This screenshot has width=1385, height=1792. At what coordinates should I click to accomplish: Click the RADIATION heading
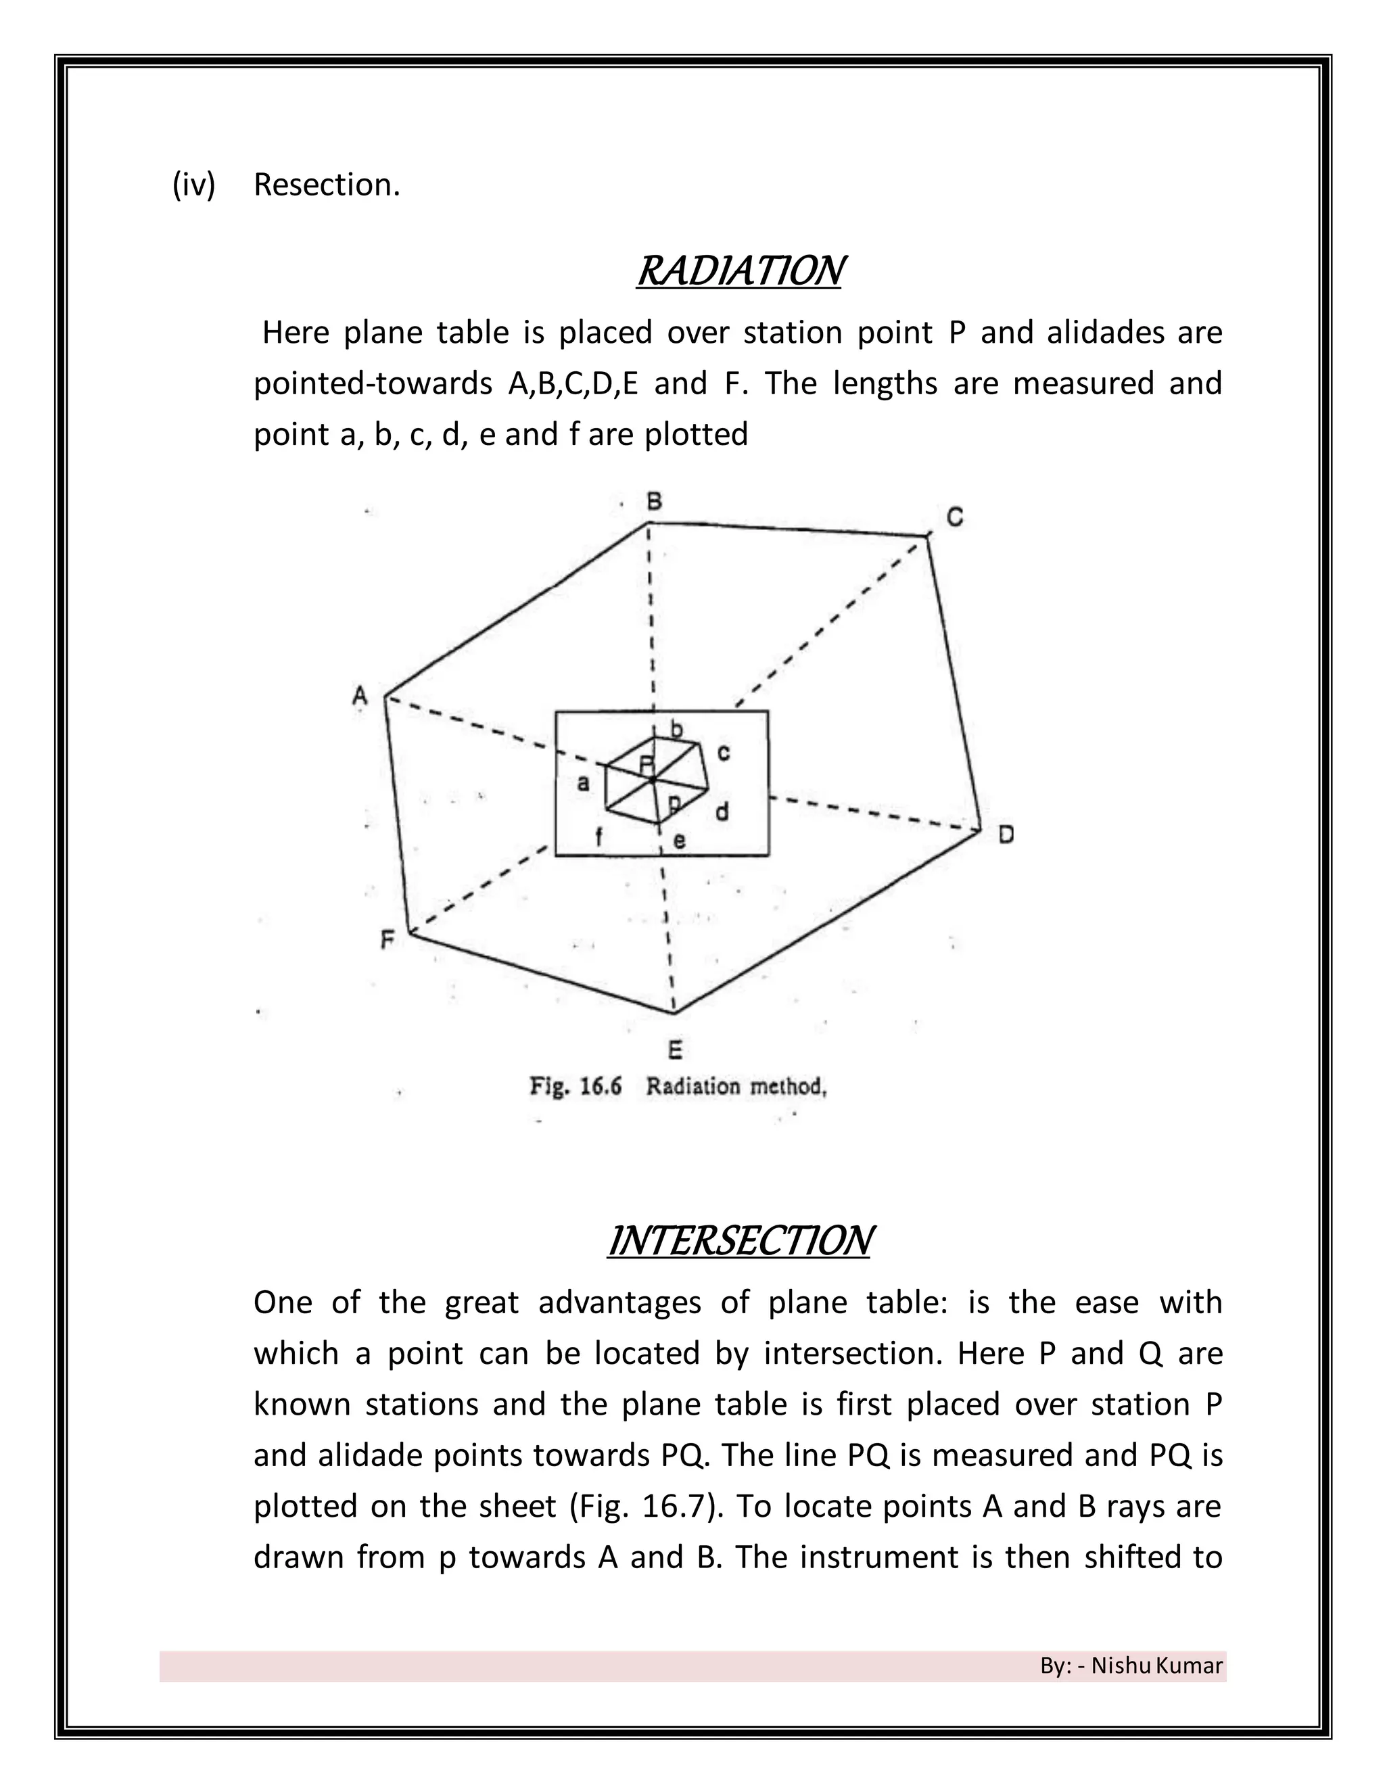pos(739,272)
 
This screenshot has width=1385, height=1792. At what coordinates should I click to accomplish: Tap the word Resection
pos(327,185)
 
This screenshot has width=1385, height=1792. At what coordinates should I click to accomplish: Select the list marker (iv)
pos(193,185)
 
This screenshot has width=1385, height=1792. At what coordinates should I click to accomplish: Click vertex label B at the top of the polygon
pos(654,501)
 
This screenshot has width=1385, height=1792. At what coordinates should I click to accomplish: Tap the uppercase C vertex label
pos(954,517)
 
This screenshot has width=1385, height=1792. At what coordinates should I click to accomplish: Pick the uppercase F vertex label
pos(388,939)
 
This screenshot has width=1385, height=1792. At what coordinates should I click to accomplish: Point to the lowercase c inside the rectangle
pos(723,753)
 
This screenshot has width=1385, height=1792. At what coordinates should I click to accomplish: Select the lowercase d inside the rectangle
pos(722,812)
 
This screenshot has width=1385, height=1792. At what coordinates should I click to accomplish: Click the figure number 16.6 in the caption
pos(601,1087)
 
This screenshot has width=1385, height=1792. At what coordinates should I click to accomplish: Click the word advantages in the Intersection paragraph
pos(619,1304)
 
